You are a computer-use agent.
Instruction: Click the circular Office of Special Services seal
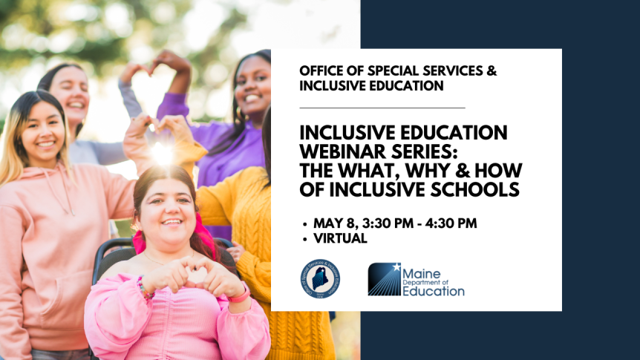click(320, 279)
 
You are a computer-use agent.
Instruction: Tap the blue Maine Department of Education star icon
click(385, 279)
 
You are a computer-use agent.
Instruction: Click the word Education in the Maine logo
click(434, 292)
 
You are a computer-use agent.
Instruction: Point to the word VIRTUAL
click(340, 238)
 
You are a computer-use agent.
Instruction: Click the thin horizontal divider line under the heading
click(382, 108)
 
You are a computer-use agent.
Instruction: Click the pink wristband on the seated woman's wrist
click(240, 295)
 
